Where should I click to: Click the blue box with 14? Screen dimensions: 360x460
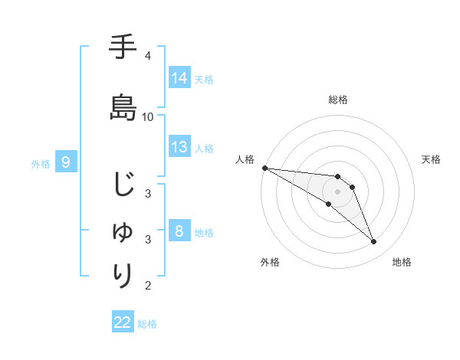click(179, 78)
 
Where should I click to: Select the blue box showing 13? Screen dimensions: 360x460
click(179, 147)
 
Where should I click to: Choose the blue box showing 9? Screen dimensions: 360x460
click(67, 162)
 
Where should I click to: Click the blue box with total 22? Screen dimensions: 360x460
click(123, 322)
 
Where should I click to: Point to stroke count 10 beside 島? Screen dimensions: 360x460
click(148, 116)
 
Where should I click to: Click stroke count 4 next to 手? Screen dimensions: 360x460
click(147, 55)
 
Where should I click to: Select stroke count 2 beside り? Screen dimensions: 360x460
click(147, 286)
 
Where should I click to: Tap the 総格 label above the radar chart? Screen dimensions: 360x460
click(337, 100)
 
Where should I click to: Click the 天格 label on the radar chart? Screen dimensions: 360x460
click(431, 159)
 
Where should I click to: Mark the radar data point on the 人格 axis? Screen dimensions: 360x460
click(264, 168)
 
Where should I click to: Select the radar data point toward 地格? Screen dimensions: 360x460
click(373, 242)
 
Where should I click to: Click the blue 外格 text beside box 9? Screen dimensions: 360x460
click(41, 163)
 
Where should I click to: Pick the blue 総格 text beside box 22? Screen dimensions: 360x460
click(148, 324)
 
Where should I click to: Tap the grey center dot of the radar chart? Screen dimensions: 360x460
click(337, 191)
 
